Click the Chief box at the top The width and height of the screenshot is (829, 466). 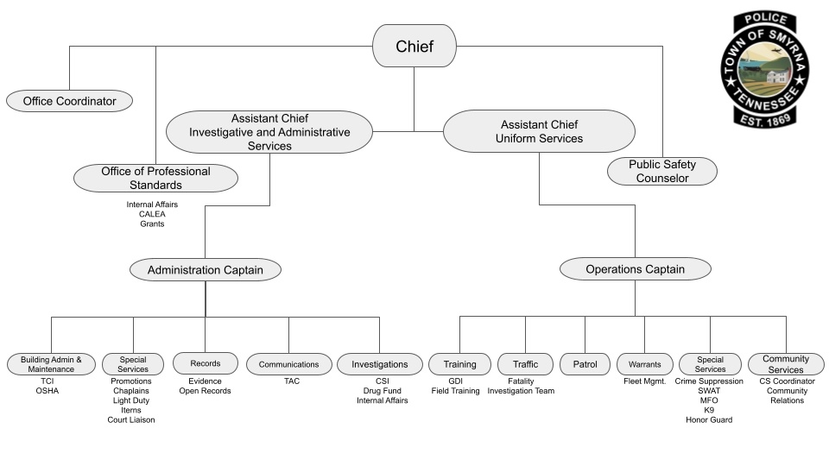tap(414, 46)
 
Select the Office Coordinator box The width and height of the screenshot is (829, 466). tap(69, 101)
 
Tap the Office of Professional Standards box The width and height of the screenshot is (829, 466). tap(155, 178)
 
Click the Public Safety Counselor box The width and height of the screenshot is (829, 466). tap(662, 171)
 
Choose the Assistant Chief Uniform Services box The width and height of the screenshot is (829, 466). tap(540, 132)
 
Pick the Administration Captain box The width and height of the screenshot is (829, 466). tap(205, 270)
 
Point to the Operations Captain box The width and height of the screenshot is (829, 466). tap(635, 269)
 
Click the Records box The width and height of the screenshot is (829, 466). tap(205, 364)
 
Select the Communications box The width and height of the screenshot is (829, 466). tap(288, 364)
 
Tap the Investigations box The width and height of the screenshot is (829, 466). tap(380, 364)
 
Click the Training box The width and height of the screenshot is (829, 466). tap(459, 364)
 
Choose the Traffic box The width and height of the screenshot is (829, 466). tap(525, 364)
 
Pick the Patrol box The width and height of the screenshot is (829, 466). tap(585, 364)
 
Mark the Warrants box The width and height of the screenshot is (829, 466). tap(644, 364)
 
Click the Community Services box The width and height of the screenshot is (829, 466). tap(786, 364)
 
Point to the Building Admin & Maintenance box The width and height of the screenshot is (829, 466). tap(51, 364)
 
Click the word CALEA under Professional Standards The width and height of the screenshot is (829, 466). tap(152, 214)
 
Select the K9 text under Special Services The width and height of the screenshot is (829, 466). tap(709, 410)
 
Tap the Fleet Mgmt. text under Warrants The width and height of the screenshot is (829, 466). tap(644, 381)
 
